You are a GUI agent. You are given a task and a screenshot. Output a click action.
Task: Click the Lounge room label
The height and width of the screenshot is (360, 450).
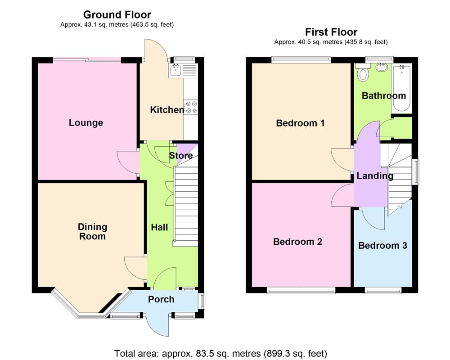(86, 123)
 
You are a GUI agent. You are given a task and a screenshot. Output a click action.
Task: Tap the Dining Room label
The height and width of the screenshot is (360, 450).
(92, 231)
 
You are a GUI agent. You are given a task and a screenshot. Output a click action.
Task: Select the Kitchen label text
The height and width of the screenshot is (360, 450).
(166, 110)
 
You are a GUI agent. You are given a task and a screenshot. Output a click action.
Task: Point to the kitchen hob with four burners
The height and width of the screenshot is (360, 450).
(191, 107)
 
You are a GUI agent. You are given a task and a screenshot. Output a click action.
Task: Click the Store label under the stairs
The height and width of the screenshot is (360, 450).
(181, 156)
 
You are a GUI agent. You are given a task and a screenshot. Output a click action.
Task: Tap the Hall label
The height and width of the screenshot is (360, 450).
(159, 227)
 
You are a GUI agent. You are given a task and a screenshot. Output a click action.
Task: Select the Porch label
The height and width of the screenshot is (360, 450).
(161, 299)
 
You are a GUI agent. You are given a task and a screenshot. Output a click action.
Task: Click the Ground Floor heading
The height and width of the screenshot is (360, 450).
(117, 15)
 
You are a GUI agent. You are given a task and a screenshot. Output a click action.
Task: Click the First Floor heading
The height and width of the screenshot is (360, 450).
(331, 32)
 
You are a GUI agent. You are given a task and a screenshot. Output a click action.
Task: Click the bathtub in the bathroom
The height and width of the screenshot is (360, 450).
(401, 89)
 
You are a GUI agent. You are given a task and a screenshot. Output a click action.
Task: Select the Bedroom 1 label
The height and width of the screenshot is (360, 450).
(300, 123)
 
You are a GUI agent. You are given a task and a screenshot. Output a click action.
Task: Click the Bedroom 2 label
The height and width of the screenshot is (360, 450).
(297, 242)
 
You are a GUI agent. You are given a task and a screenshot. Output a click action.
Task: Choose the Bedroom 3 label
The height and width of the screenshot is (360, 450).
(382, 245)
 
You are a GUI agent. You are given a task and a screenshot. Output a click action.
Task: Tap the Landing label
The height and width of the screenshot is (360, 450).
(375, 176)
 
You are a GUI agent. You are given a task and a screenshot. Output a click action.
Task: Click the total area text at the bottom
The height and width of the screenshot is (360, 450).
(220, 353)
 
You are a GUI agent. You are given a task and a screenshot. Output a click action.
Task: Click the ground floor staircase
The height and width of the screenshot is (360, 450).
(186, 207)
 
